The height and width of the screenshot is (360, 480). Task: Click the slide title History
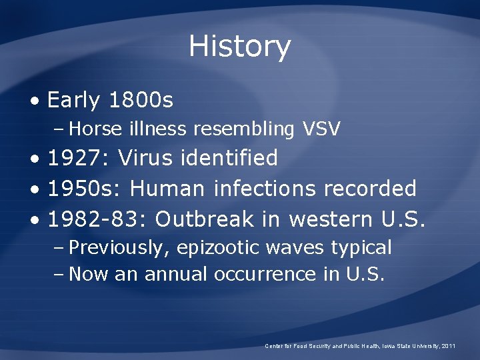click(x=239, y=47)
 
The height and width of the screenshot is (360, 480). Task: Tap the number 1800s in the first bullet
click(x=140, y=101)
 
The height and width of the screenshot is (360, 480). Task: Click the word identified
click(x=229, y=158)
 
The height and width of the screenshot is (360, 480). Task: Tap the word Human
click(x=167, y=189)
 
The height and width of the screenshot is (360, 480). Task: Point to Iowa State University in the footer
click(x=409, y=346)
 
